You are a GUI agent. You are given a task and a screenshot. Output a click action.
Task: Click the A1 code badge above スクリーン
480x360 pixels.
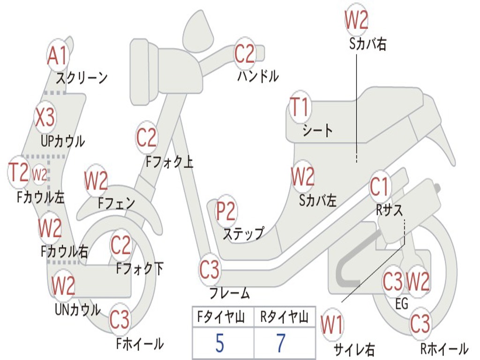click(x=58, y=56)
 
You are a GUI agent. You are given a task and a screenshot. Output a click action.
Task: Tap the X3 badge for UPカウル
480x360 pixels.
click(x=45, y=117)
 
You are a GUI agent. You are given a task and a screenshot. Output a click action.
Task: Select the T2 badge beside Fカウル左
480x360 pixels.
click(x=19, y=172)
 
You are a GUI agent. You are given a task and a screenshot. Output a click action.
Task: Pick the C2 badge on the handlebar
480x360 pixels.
click(x=244, y=53)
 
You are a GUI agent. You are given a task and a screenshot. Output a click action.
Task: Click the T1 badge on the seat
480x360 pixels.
click(x=300, y=107)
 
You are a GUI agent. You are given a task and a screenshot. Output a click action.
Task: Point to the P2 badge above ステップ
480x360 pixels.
click(x=225, y=211)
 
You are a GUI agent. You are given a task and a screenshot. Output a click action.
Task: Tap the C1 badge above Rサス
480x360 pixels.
click(x=379, y=187)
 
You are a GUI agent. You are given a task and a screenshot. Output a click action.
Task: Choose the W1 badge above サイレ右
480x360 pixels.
click(x=332, y=324)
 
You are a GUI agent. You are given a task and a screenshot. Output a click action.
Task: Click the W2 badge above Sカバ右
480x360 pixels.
click(x=356, y=20)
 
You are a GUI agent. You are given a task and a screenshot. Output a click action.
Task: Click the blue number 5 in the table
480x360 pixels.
click(x=219, y=343)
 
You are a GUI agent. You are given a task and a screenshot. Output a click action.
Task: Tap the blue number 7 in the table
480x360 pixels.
click(x=281, y=343)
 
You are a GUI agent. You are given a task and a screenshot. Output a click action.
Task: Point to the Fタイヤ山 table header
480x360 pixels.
click(x=221, y=317)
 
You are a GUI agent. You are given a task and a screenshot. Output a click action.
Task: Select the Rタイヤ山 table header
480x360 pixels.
click(x=285, y=317)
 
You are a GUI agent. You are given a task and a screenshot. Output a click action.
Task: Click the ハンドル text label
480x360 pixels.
click(x=258, y=76)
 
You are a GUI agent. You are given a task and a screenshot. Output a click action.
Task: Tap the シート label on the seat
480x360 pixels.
click(x=317, y=131)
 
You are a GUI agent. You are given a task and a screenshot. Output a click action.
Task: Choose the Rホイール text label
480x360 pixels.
click(x=444, y=349)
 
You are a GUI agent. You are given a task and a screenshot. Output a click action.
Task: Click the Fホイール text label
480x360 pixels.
click(x=140, y=344)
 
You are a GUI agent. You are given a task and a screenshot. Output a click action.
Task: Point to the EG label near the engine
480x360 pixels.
click(x=402, y=304)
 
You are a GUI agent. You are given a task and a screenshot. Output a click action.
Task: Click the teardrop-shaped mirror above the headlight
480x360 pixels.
click(x=198, y=30)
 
